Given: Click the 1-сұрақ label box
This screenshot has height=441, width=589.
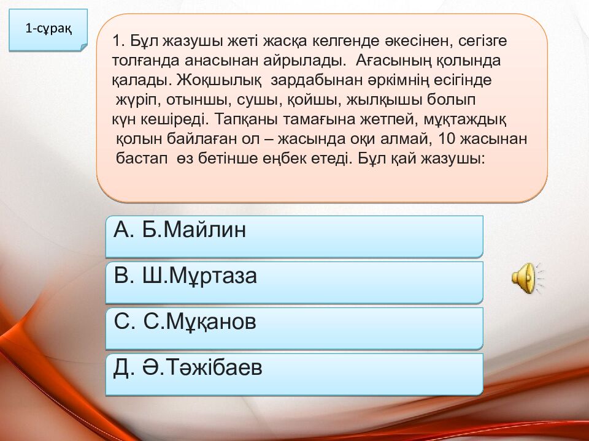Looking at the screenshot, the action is (48, 30).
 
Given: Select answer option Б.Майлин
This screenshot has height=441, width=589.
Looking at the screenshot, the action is (294, 236).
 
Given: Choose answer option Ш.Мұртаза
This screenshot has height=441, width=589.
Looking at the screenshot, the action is (294, 282).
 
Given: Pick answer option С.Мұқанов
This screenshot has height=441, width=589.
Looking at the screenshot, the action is (294, 328).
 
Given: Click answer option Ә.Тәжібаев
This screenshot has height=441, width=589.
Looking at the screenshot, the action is (294, 374).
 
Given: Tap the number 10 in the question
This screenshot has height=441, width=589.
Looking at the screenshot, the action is (447, 139).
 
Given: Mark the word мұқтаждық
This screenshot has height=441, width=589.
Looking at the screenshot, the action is (465, 120).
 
